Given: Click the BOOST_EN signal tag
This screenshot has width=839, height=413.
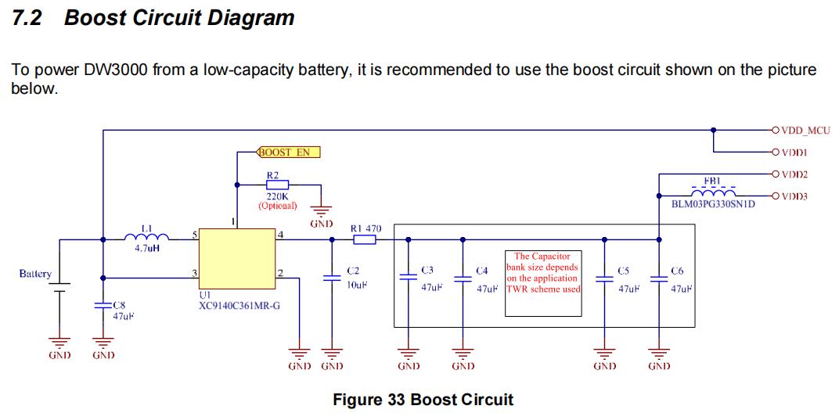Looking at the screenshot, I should pos(289,152).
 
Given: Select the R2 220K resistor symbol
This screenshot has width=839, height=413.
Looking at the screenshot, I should pos(277,185).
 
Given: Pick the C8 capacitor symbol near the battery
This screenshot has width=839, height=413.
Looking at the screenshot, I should pos(103,306).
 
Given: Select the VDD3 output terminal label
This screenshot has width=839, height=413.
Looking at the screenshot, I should pos(794,196).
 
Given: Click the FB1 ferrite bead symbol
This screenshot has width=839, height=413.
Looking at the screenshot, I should pos(712,193).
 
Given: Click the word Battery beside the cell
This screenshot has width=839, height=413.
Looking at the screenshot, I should pos(35,274).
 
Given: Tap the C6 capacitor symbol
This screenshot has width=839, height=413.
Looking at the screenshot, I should pos(659,279).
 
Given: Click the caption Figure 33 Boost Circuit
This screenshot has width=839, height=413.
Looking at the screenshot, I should pos(423,400).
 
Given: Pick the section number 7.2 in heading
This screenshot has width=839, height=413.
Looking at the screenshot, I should pos(27,19).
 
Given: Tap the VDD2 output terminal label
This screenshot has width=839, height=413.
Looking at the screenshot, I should pos(794,174).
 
